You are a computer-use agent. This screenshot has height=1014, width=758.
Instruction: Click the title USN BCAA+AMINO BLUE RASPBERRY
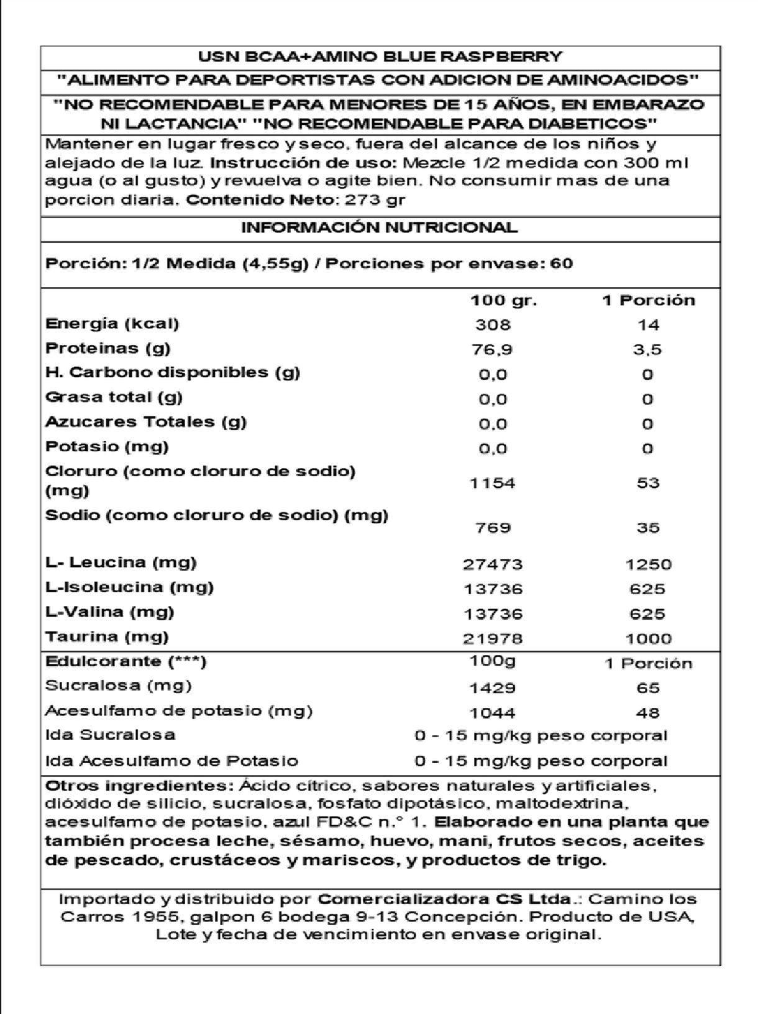pyautogui.click(x=380, y=57)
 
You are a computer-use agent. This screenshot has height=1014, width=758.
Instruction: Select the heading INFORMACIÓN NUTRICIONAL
pyautogui.click(x=380, y=227)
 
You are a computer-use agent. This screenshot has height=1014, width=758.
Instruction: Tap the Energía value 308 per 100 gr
pyautogui.click(x=493, y=325)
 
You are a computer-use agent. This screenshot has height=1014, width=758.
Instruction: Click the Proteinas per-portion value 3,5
pyautogui.click(x=647, y=350)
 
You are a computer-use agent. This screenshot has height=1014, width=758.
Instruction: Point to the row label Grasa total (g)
pyautogui.click(x=114, y=397)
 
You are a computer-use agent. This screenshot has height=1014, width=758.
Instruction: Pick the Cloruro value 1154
pyautogui.click(x=493, y=483)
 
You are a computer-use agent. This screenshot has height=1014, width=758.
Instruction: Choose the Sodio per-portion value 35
pyautogui.click(x=647, y=528)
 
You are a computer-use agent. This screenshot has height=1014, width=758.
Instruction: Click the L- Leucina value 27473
pyautogui.click(x=493, y=564)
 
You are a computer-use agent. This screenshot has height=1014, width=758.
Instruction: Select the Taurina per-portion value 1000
pyautogui.click(x=647, y=638)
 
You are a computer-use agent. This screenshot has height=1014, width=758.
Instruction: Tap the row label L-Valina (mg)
pyautogui.click(x=110, y=612)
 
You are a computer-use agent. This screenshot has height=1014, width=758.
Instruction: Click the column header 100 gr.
pyautogui.click(x=504, y=301)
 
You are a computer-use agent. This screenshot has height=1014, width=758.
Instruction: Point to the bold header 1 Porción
pyautogui.click(x=648, y=301)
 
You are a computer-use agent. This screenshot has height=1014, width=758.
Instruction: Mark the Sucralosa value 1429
pyautogui.click(x=493, y=688)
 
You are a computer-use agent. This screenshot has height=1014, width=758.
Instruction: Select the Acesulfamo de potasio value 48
pyautogui.click(x=647, y=713)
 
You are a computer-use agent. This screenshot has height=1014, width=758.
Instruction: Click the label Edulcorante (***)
pyautogui.click(x=126, y=661)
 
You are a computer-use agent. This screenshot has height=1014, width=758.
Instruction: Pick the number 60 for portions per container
pyautogui.click(x=561, y=263)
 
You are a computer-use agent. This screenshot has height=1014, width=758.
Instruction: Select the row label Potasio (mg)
pyautogui.click(x=107, y=446)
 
